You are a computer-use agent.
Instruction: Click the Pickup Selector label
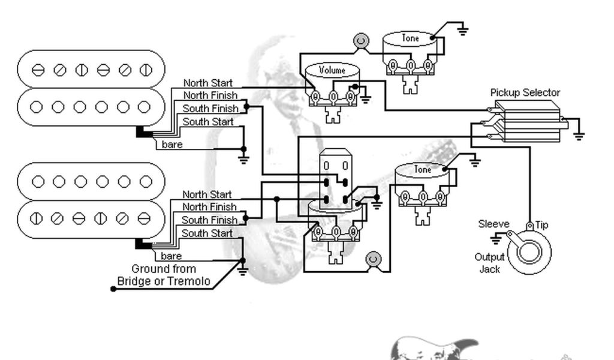[x=525, y=92]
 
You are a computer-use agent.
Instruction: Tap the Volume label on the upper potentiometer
[x=332, y=70]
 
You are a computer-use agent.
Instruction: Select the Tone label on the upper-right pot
[x=410, y=38]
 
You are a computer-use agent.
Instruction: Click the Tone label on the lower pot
[x=422, y=170]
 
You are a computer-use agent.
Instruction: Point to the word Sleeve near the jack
[x=493, y=224]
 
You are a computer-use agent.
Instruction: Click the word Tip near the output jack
[x=541, y=225]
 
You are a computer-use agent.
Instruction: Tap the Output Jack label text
[x=490, y=263]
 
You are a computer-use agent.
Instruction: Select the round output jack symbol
[x=529, y=251]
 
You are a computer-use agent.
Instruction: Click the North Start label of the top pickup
[x=208, y=83]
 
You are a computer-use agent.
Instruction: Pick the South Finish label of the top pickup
[x=210, y=109]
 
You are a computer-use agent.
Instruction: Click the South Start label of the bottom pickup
[x=207, y=233]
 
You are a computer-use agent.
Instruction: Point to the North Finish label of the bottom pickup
[x=209, y=207]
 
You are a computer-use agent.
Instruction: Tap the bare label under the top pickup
[x=172, y=145]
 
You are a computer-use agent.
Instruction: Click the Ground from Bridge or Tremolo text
[x=164, y=275]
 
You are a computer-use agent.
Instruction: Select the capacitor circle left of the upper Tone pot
[x=360, y=41]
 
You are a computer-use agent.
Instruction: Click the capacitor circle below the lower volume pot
[x=373, y=259]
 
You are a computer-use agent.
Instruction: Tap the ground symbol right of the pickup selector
[x=579, y=136]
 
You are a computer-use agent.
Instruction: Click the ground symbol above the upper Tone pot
[x=462, y=30]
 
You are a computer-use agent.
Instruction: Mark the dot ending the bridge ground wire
[x=113, y=289]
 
